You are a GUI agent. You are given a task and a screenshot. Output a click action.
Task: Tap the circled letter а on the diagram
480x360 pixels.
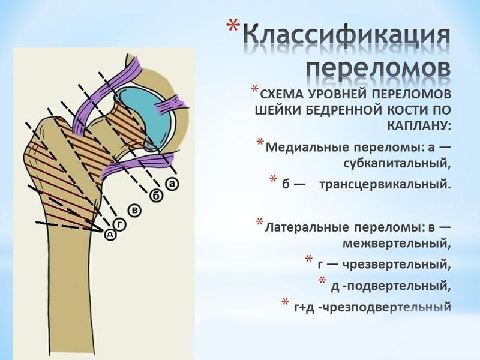pos(172,184)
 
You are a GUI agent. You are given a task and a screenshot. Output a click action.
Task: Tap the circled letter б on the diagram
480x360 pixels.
pos(156,195)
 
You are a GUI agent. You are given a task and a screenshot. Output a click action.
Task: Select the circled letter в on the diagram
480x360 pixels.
pos(136,210)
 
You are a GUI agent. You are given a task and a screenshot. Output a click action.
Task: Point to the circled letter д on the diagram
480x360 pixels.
pos(110,234)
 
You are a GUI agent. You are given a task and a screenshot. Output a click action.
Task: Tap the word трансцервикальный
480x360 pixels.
pos(383,182)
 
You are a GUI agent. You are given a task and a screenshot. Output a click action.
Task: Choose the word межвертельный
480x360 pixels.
pos(396,243)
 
